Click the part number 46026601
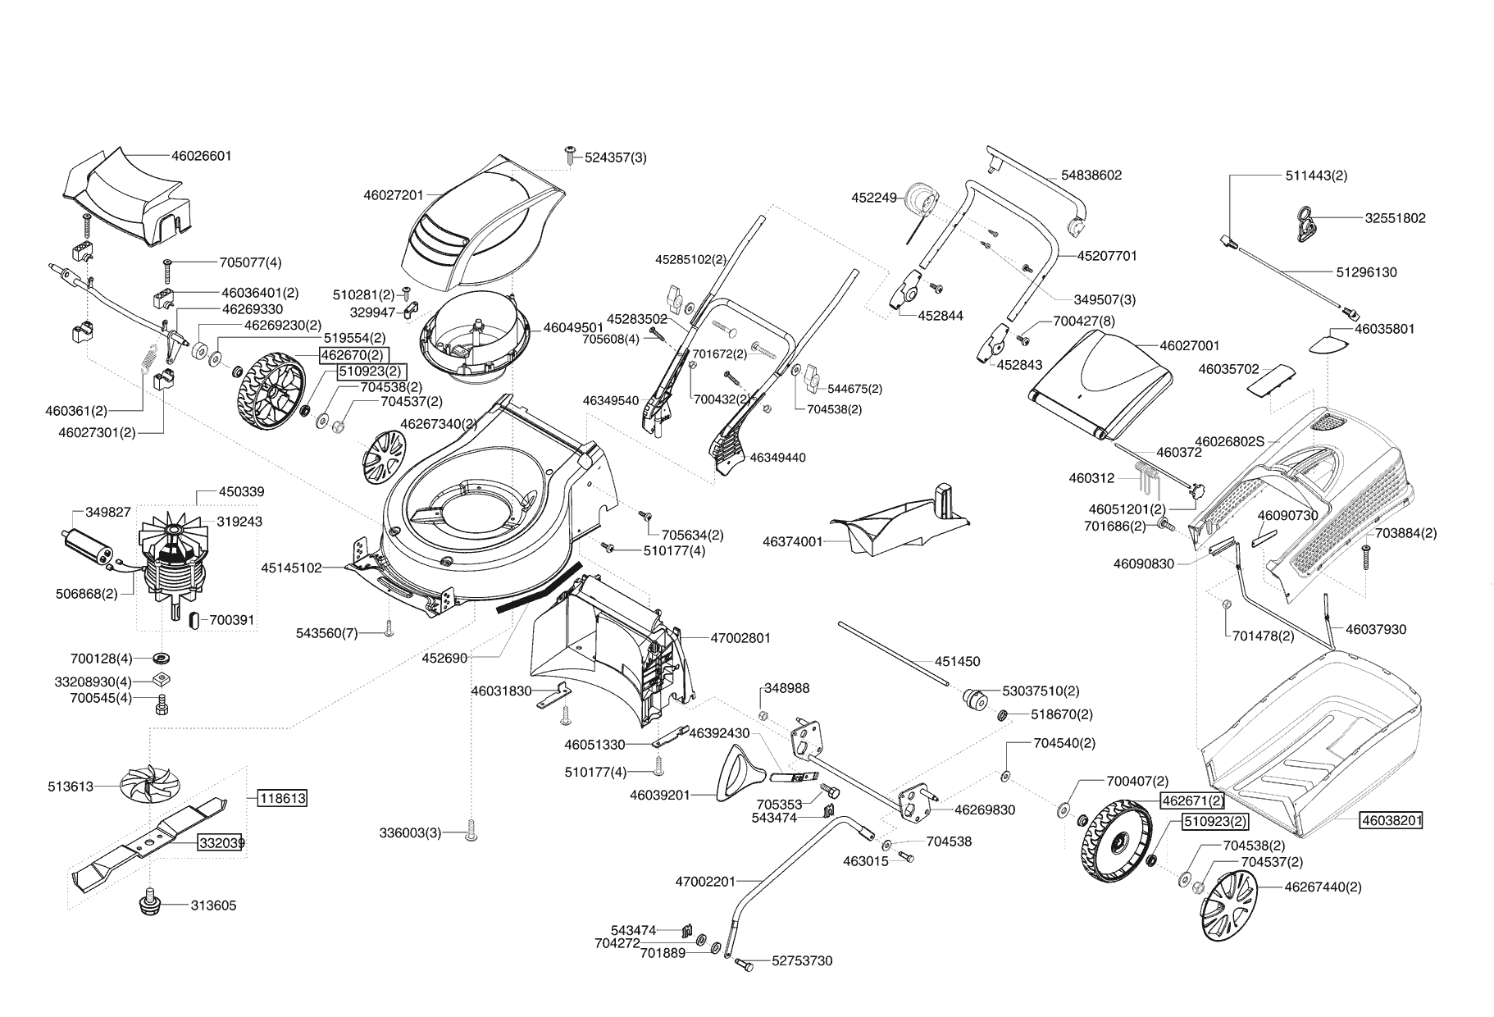click(x=201, y=156)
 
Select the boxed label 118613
click(x=283, y=798)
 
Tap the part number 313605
click(x=213, y=905)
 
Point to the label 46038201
click(x=1391, y=819)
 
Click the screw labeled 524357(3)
click(x=570, y=157)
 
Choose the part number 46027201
click(x=393, y=195)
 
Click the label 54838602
click(x=1091, y=176)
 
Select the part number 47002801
click(x=740, y=638)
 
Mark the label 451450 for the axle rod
click(x=957, y=661)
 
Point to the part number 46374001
click(x=792, y=542)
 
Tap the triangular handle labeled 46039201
click(x=736, y=773)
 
